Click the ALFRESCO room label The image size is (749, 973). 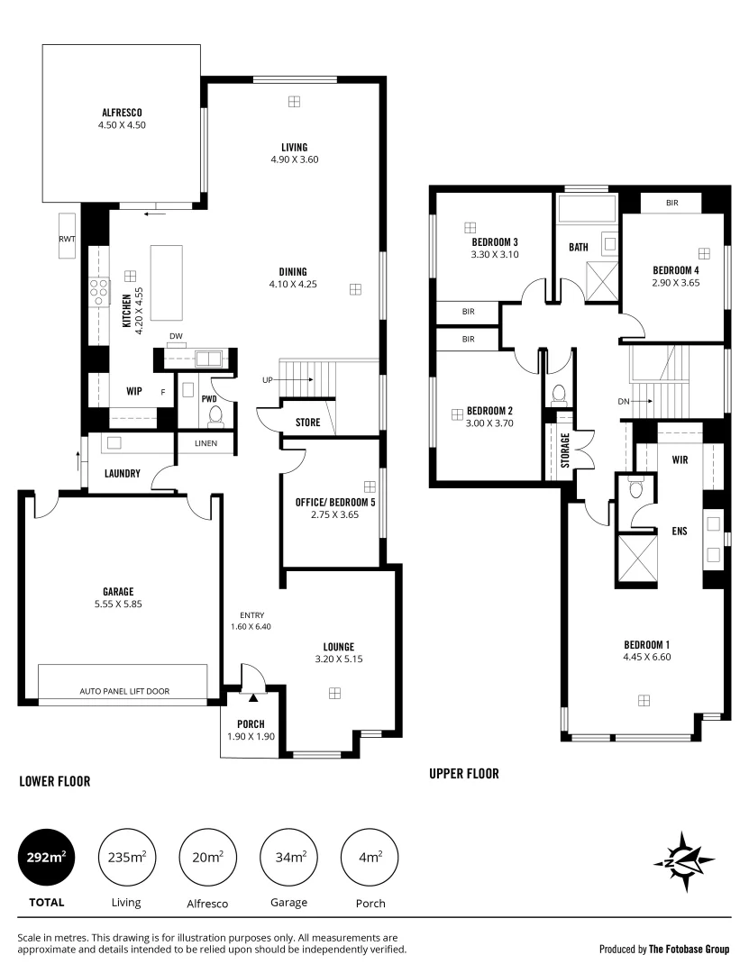pos(122,114)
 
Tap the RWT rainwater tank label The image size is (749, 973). pos(67,239)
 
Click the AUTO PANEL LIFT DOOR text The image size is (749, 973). pos(124,692)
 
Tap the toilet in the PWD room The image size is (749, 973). pos(215,415)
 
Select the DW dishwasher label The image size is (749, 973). pos(177,337)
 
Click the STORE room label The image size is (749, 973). pos(308,422)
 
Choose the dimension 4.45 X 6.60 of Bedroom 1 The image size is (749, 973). pos(647,657)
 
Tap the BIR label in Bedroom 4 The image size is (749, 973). pos(671,204)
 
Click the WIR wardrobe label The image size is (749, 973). pos(680,459)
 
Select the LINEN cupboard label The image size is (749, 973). pos(205,443)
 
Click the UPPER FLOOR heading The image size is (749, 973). pos(463,773)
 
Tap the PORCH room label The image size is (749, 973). pos(251,723)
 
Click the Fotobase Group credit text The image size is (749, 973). pos(664,949)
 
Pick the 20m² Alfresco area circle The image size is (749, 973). pos(208,857)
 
